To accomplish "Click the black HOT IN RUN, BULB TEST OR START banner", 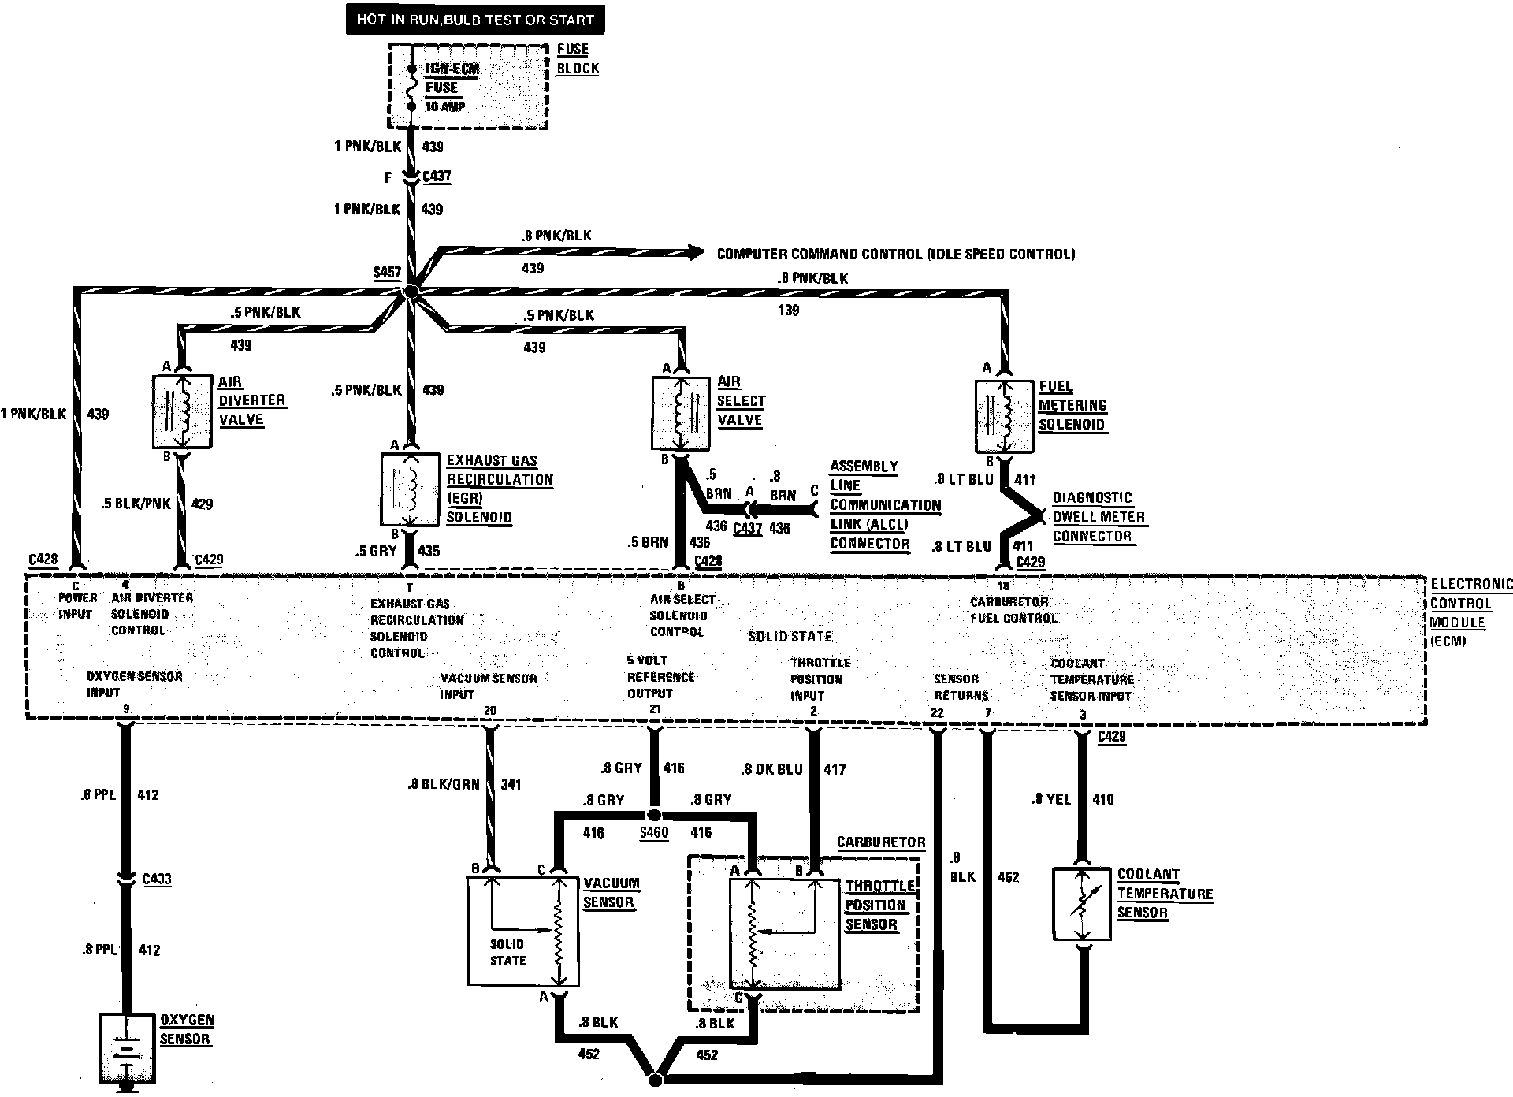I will (x=475, y=19).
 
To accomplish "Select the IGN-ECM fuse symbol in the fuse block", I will (x=411, y=87).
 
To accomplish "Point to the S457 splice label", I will (x=387, y=273).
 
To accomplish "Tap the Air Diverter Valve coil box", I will (x=182, y=412).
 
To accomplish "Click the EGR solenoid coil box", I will (x=410, y=489).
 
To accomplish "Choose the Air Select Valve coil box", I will (x=682, y=414).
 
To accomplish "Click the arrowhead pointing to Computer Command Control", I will (x=694, y=253).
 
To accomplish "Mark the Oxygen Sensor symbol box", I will (x=125, y=1047).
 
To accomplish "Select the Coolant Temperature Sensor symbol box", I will (x=1082, y=904).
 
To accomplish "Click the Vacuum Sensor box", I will (x=523, y=930).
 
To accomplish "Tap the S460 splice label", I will (x=653, y=832).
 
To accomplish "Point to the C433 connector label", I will (x=157, y=879).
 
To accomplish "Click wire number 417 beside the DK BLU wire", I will (x=834, y=768).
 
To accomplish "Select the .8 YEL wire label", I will (x=1050, y=799).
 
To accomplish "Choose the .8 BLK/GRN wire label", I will (x=443, y=784).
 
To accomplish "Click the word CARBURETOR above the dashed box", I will (x=881, y=842).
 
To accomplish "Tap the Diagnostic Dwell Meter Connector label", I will (x=1099, y=517).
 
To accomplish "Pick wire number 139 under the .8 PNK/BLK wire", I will (x=788, y=310).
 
